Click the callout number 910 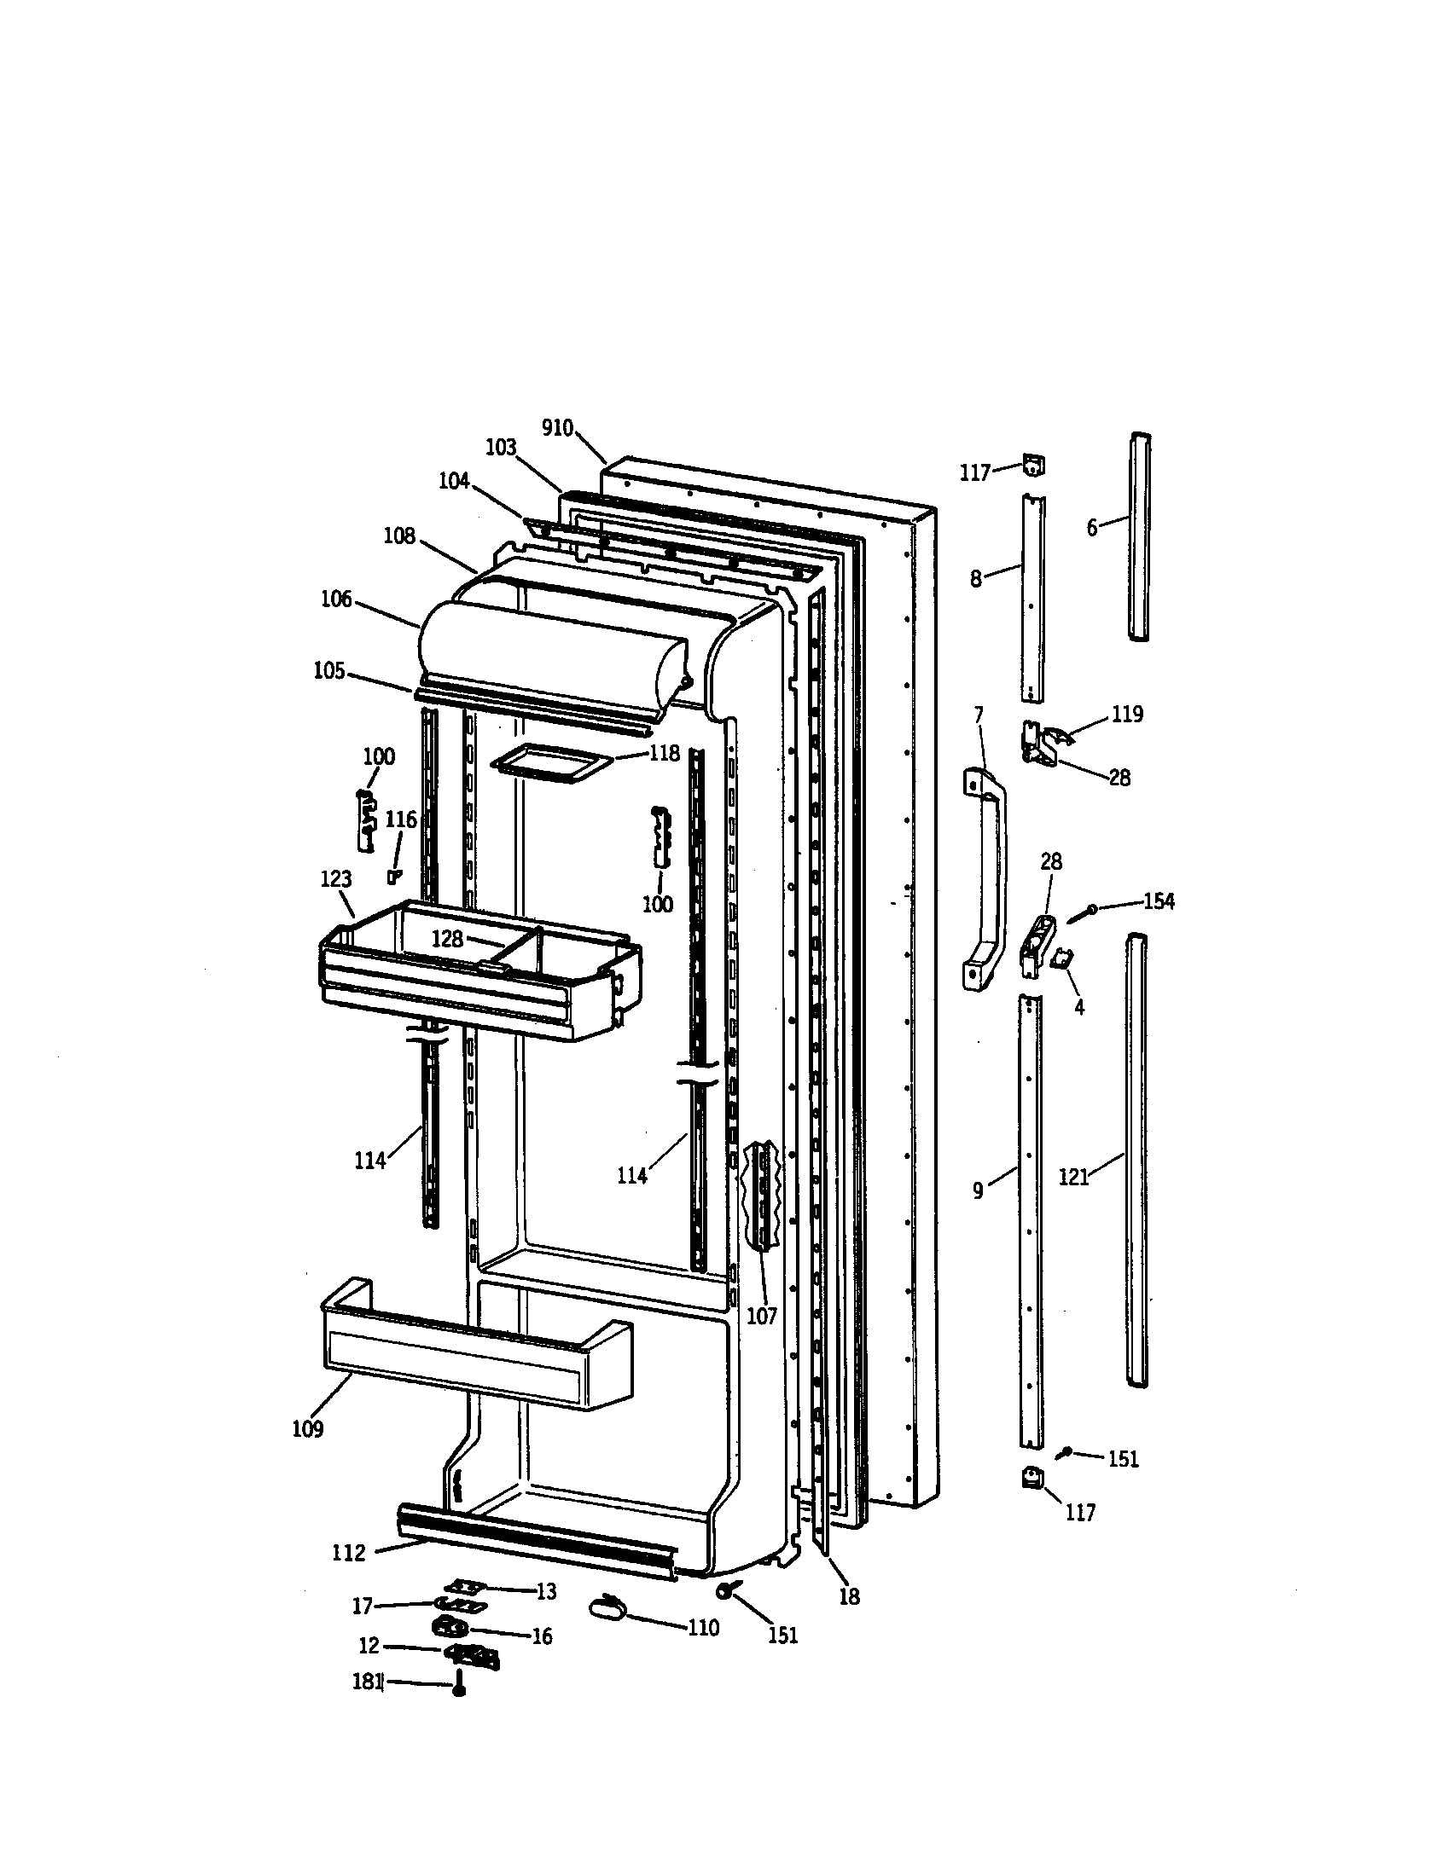tap(558, 427)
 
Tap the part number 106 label tap(336, 599)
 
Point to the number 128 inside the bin tap(447, 939)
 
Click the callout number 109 tap(308, 1429)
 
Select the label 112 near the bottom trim tap(349, 1552)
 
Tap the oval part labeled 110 tap(610, 1606)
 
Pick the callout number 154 tap(1159, 901)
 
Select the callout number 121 tap(1074, 1178)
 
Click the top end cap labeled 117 tap(1033, 466)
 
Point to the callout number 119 tap(1127, 714)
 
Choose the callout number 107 tap(761, 1315)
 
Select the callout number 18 tap(849, 1597)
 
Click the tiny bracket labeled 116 tap(394, 875)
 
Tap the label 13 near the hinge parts tap(547, 1592)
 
